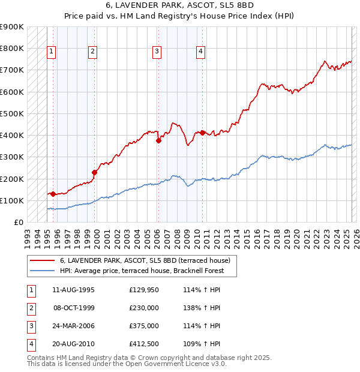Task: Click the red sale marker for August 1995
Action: (53, 194)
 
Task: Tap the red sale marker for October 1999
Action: (94, 172)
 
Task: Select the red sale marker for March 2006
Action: (158, 140)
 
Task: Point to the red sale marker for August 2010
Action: (203, 132)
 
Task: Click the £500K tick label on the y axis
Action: (12, 113)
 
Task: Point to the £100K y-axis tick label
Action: (12, 200)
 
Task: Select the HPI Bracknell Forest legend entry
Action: (142, 271)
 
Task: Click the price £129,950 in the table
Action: (143, 290)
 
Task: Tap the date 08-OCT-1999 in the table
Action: (74, 308)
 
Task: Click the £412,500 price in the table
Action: (143, 344)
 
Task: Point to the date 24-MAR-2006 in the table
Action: (74, 326)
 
